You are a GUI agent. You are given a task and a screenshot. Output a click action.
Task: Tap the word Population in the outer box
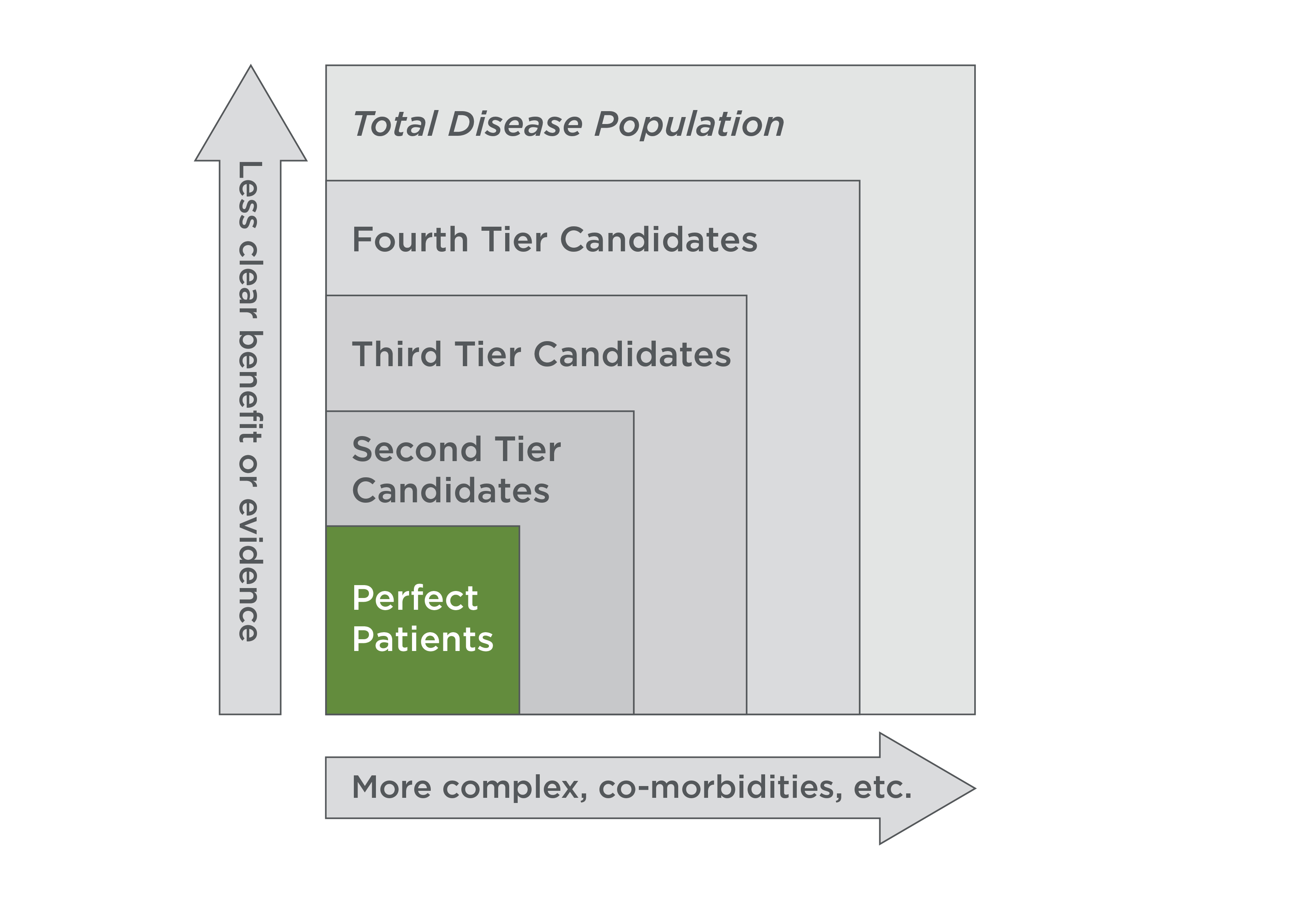(689, 125)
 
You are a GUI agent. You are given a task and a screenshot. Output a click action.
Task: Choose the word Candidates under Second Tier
(450, 491)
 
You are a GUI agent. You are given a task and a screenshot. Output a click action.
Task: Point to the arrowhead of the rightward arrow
(923, 788)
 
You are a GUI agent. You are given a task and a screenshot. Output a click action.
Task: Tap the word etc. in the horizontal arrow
(882, 788)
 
